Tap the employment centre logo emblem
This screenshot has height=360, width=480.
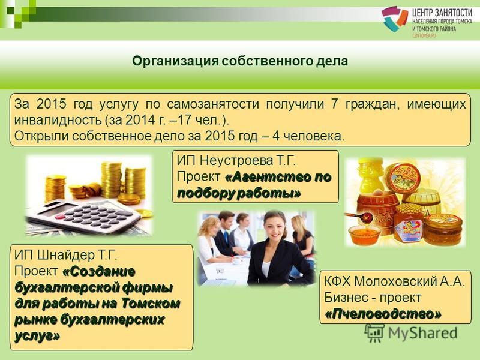pos(394,19)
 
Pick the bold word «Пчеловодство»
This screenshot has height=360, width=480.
pos(383,314)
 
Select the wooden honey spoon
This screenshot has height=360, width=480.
pos(359,217)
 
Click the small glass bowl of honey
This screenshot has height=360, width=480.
pos(364,233)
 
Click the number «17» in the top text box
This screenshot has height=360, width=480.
pos(185,120)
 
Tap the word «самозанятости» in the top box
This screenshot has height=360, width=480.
pos(213,104)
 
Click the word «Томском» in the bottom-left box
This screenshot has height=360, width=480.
pos(151,304)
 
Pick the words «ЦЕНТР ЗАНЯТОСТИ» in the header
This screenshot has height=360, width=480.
pos(442,13)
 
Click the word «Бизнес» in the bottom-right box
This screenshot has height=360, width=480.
pos(344,298)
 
